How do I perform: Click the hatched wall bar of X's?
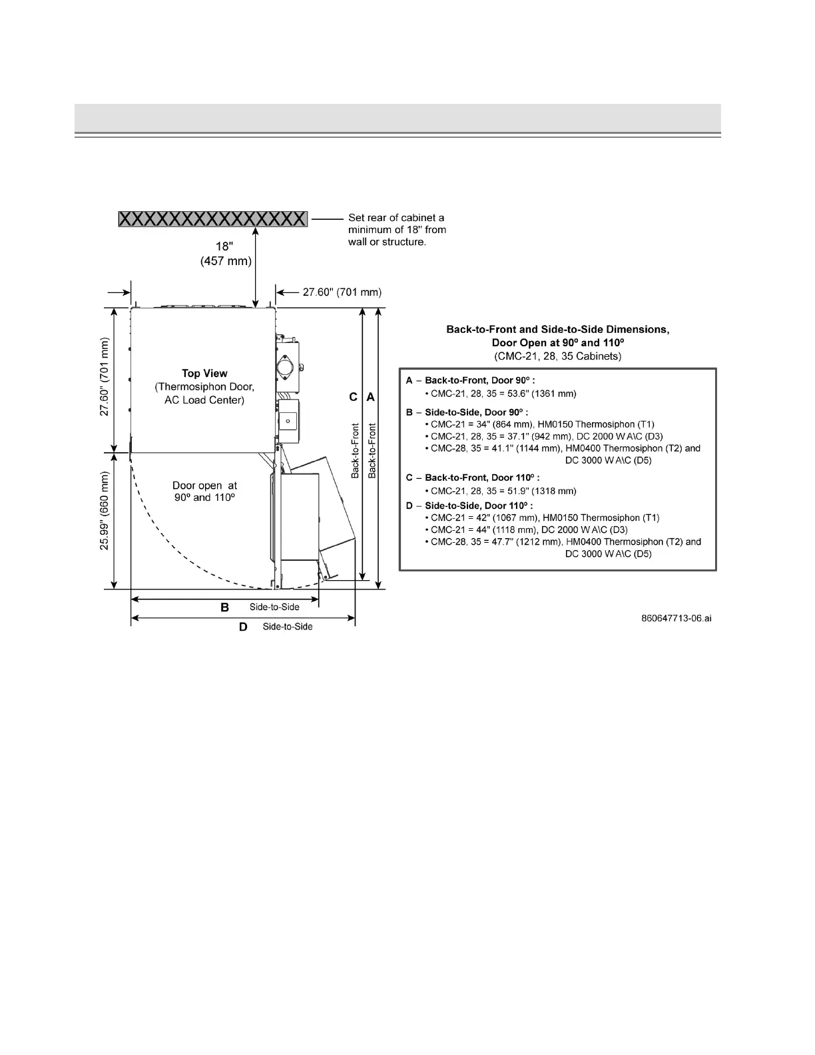[213, 218]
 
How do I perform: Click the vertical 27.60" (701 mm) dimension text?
[105, 378]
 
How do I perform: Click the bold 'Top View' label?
[204, 374]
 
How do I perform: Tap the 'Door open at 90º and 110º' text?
[204, 492]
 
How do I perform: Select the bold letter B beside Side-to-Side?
[225, 607]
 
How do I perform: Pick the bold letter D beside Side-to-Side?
[243, 627]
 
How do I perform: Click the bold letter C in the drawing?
[354, 397]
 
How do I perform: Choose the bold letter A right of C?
[371, 397]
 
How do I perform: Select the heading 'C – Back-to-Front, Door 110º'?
[473, 478]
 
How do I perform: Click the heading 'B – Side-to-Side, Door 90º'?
[467, 412]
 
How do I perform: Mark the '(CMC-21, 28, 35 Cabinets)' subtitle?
[557, 356]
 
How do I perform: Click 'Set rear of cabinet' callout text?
[397, 218]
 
